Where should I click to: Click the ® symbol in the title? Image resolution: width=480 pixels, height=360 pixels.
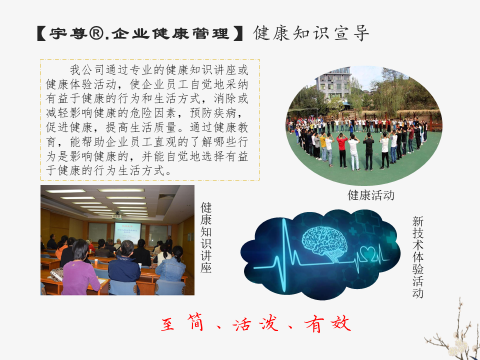[96, 33]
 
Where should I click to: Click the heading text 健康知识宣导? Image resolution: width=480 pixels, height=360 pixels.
[311, 33]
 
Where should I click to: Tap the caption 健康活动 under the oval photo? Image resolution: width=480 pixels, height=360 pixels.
[370, 195]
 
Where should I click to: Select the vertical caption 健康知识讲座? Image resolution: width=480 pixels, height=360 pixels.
[206, 237]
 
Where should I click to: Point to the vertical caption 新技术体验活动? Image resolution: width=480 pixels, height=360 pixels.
[418, 257]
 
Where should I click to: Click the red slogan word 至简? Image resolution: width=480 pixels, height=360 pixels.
[182, 323]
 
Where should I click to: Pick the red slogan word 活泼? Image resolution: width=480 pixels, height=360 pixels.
[255, 324]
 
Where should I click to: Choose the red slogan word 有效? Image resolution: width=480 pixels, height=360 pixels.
[327, 324]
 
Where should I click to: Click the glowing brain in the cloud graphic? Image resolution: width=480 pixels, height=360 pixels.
[324, 243]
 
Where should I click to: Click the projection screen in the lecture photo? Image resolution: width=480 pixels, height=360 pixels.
[127, 233]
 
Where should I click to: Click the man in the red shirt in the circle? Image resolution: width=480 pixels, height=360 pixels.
[342, 150]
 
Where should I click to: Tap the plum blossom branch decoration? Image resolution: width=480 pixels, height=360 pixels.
[453, 333]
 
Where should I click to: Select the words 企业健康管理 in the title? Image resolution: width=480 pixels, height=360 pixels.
[170, 33]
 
